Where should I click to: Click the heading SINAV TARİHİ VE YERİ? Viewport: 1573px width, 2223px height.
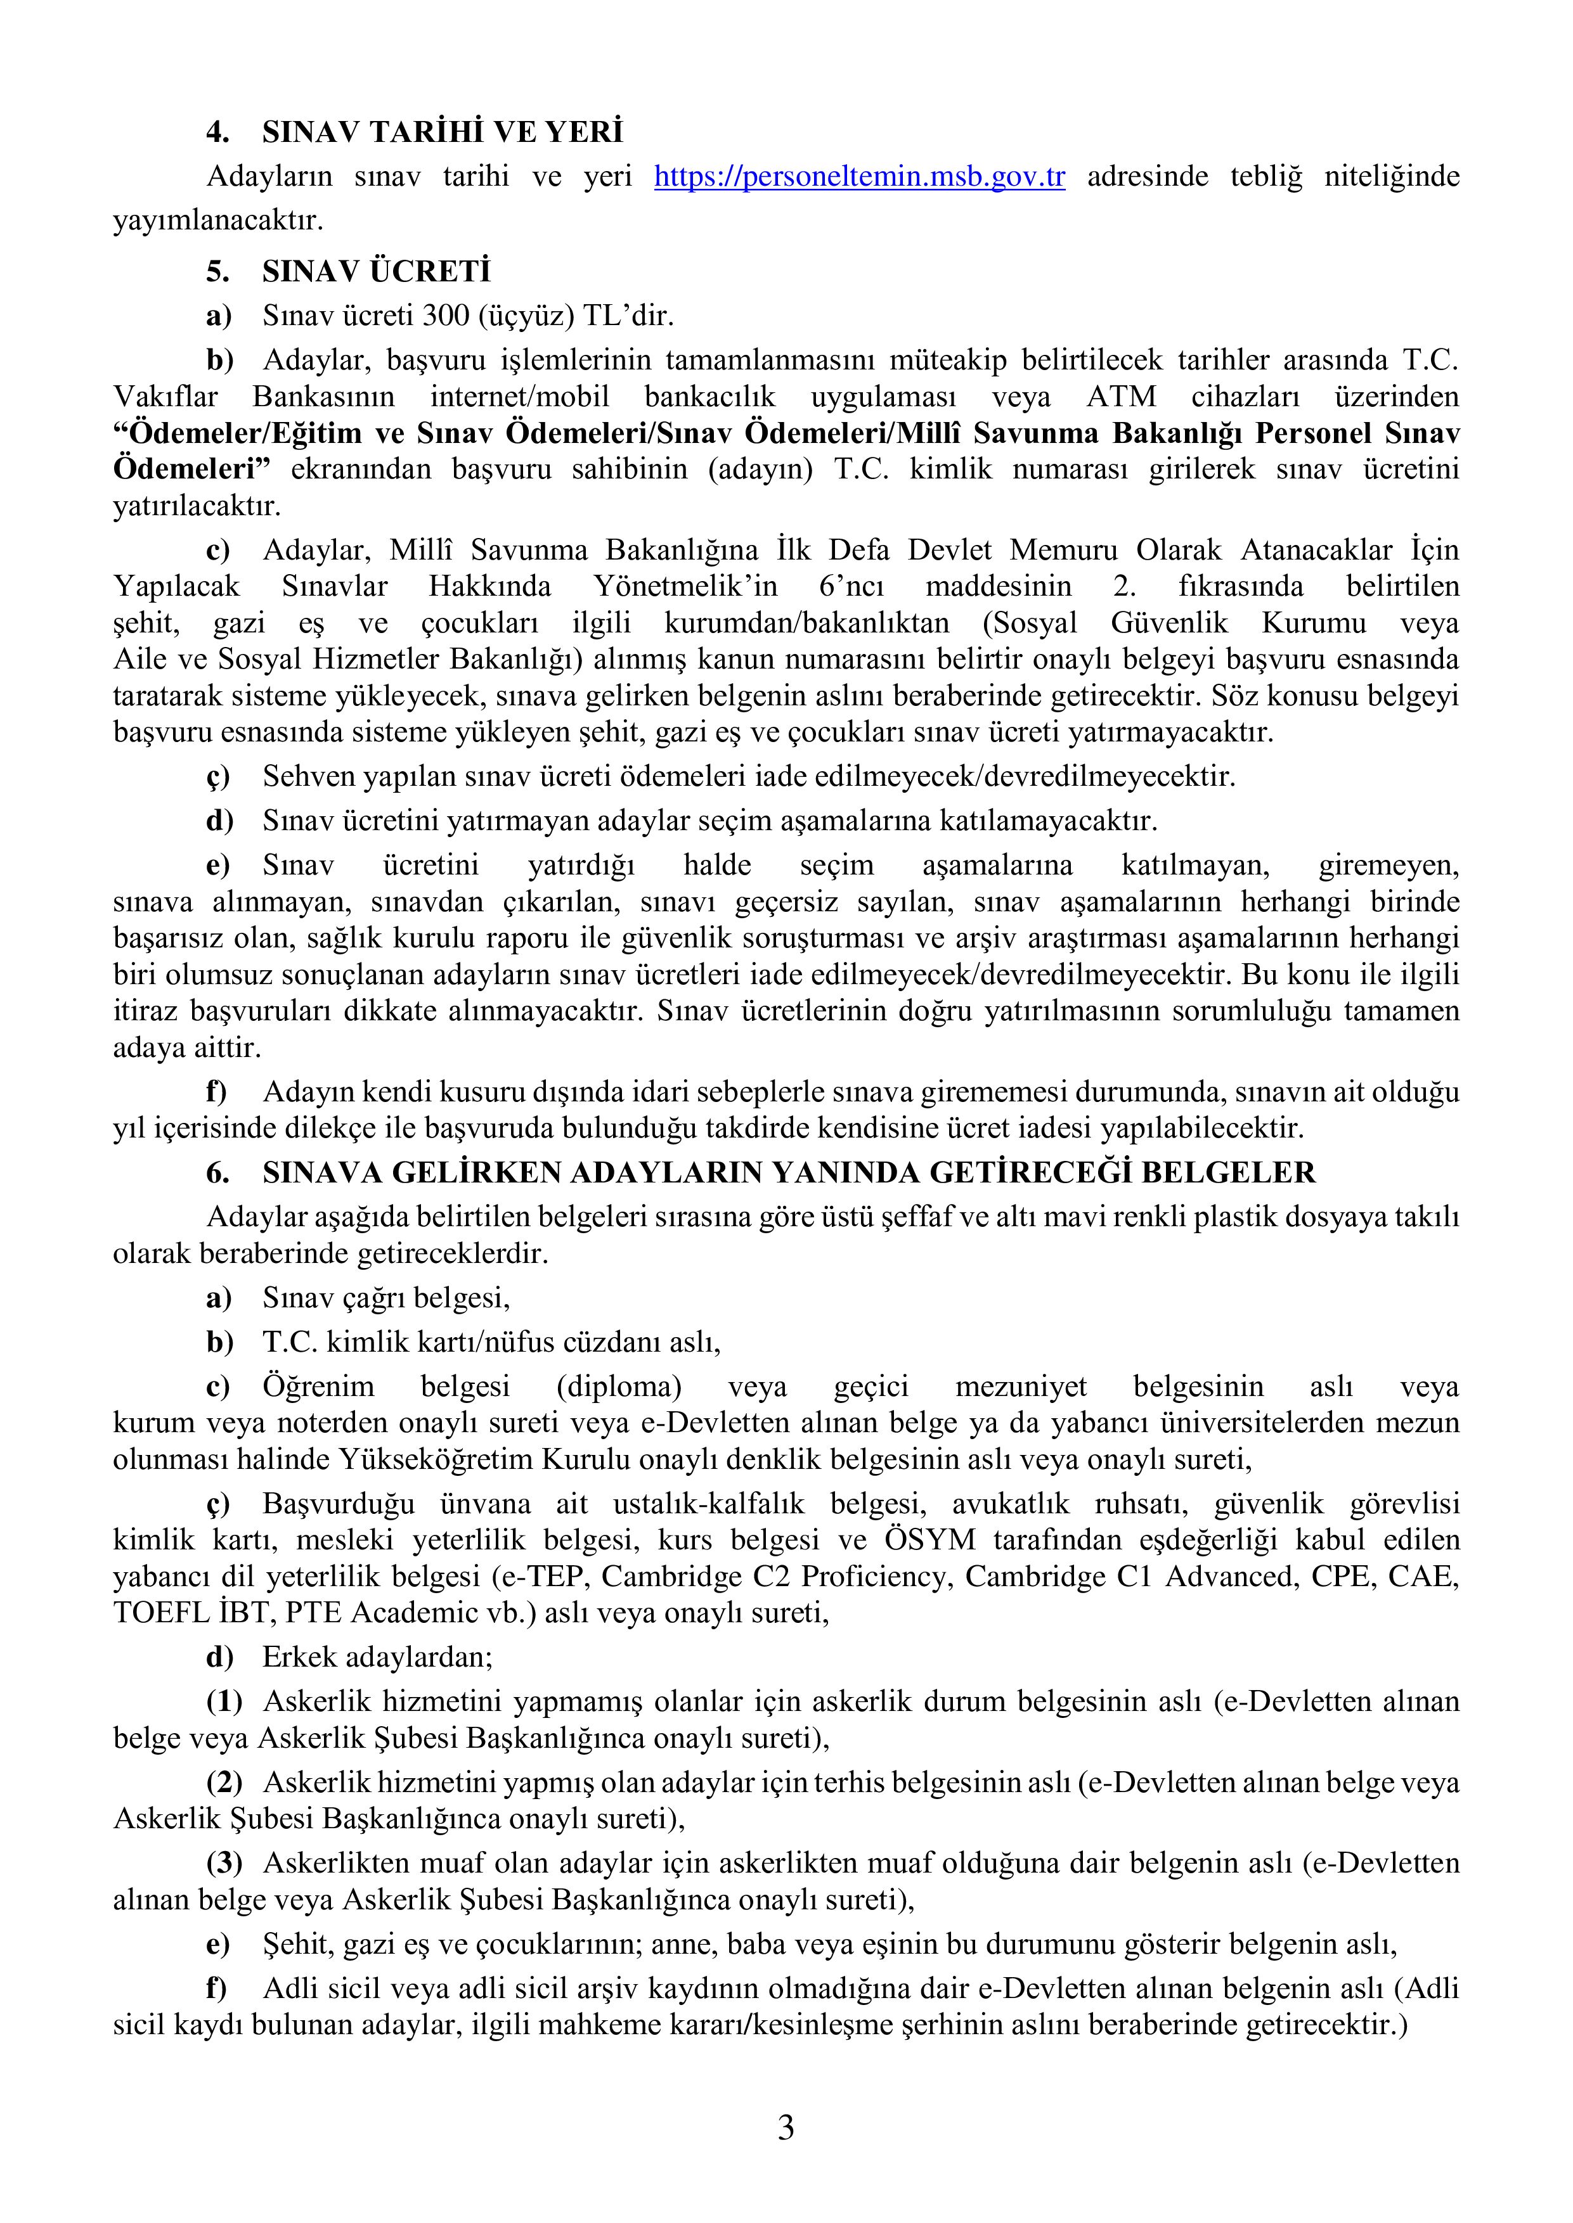pyautogui.click(x=442, y=132)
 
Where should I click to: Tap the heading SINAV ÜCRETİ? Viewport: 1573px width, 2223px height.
pyautogui.click(x=376, y=271)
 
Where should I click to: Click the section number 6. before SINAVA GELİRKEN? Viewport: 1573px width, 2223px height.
pyautogui.click(x=217, y=1172)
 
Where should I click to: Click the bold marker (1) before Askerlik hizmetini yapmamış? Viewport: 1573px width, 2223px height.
pyautogui.click(x=224, y=1701)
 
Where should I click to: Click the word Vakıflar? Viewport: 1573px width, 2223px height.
pyautogui.click(x=165, y=397)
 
